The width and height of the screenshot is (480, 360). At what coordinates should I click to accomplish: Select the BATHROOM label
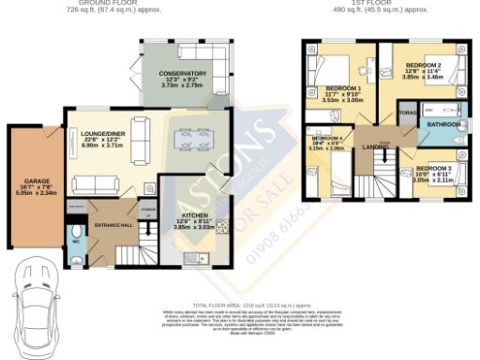click(x=442, y=124)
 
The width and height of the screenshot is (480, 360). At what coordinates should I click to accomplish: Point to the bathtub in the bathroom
click(x=440, y=106)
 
